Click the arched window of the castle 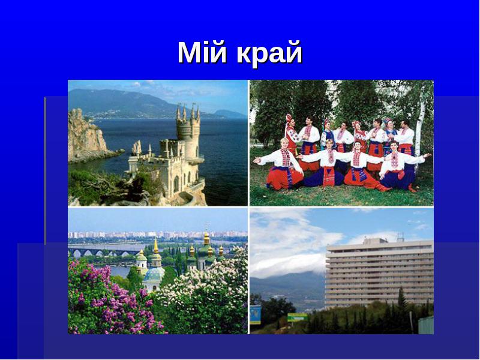(x=176, y=184)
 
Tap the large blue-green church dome (x=154, y=274)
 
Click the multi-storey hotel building (x=380, y=272)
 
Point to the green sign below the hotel (x=297, y=317)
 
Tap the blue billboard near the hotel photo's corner (x=256, y=314)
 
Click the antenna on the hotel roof (x=400, y=236)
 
